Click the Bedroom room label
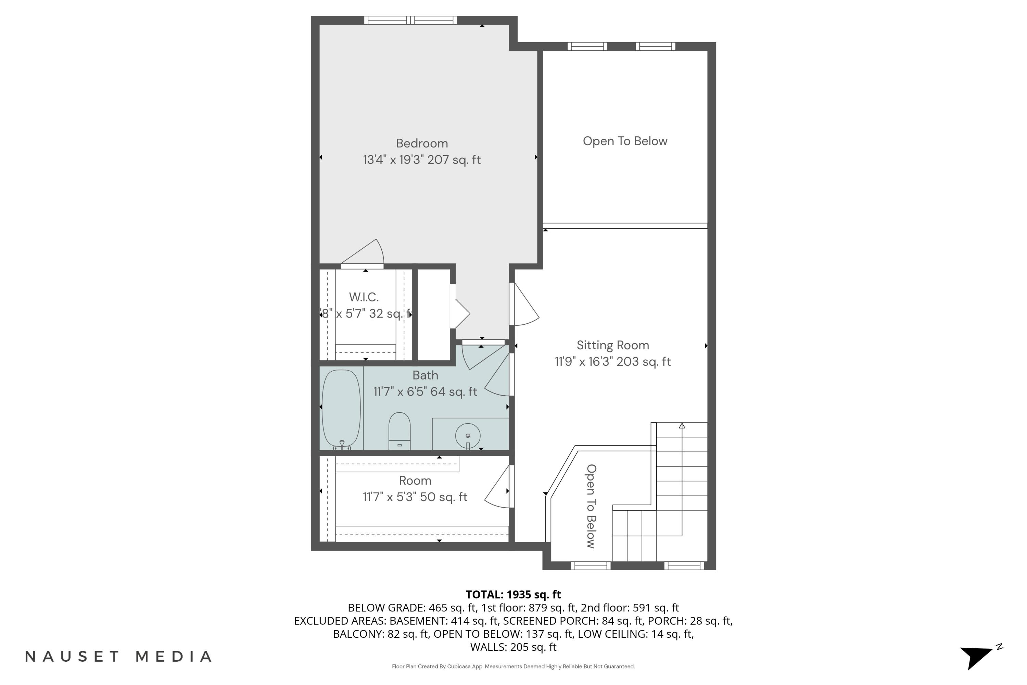[422, 143]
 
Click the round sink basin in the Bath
[468, 436]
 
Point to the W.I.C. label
[364, 297]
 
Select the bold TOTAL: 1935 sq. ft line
[513, 595]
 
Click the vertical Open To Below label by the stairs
[591, 506]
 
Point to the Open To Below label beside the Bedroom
[625, 141]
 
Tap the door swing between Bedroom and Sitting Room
[525, 306]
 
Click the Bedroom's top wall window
[410, 20]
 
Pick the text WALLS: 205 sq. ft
[513, 647]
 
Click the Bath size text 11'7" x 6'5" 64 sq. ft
[425, 392]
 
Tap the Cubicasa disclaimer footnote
[513, 667]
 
